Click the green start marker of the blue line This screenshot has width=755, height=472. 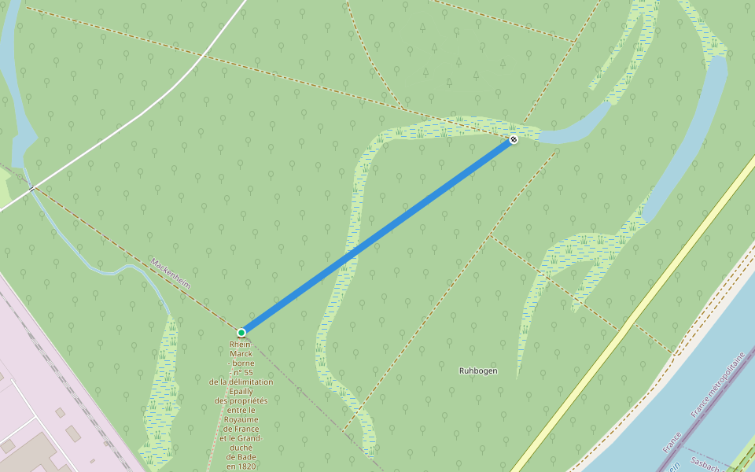pos(241,333)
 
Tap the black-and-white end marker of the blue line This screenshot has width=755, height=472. pos(514,139)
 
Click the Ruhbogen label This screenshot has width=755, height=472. pos(478,370)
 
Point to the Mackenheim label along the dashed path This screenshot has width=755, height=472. pos(171,272)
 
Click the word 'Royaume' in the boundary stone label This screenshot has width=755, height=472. pos(241,419)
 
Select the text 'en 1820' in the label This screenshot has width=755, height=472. pos(241,466)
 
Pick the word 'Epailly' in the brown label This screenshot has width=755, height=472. pos(240,391)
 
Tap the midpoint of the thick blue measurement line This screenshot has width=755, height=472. pos(377,236)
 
